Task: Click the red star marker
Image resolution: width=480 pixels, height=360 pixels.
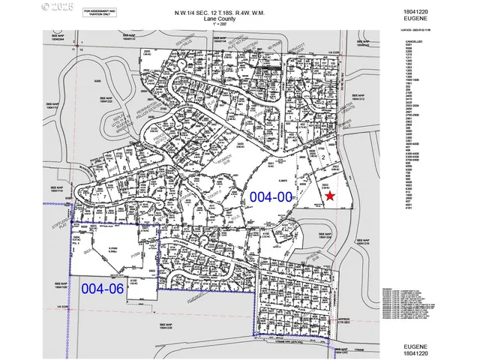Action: [x=330, y=196]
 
